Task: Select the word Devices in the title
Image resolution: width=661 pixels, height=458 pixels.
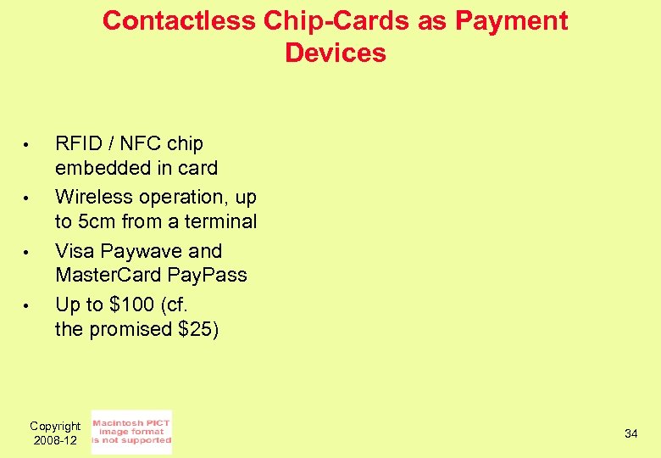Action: click(x=336, y=53)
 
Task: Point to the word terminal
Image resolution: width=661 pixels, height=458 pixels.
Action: click(x=221, y=221)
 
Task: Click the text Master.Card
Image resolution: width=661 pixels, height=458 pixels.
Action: click(x=108, y=275)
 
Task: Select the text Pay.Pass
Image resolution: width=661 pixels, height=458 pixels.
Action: click(x=208, y=275)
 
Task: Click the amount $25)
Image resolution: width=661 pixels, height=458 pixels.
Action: click(x=198, y=328)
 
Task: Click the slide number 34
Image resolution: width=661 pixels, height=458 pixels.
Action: click(x=630, y=434)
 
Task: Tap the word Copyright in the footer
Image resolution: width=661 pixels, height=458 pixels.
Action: click(x=55, y=426)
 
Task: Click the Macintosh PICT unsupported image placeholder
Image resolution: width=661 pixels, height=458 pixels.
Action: click(x=131, y=432)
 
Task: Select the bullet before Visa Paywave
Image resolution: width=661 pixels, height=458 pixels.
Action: click(x=27, y=253)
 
